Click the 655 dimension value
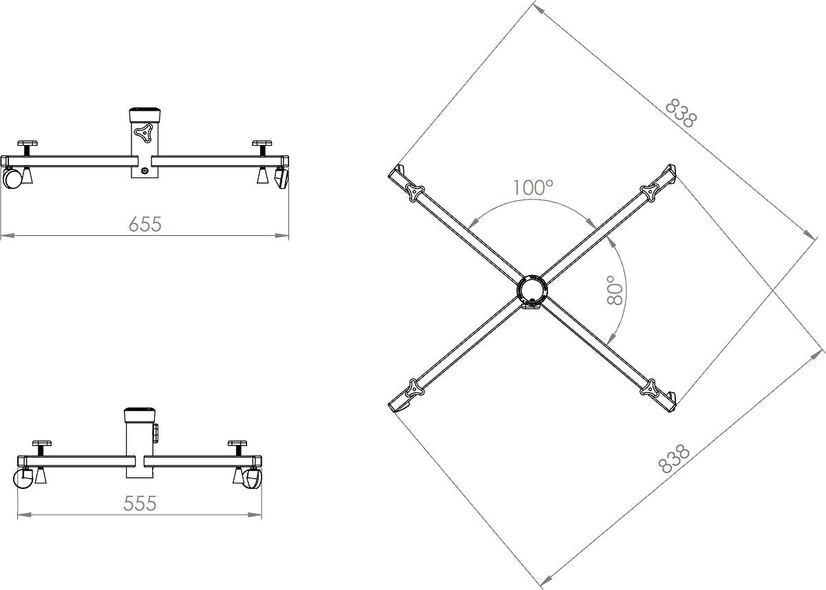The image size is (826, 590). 145,224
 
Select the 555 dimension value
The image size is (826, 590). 140,503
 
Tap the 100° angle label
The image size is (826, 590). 533,188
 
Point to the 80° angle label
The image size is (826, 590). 615,291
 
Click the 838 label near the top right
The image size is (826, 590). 681,113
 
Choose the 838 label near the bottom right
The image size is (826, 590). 674,459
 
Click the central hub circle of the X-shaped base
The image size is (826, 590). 532,290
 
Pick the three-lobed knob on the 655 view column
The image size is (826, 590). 143,133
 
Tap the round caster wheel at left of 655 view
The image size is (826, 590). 12,178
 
